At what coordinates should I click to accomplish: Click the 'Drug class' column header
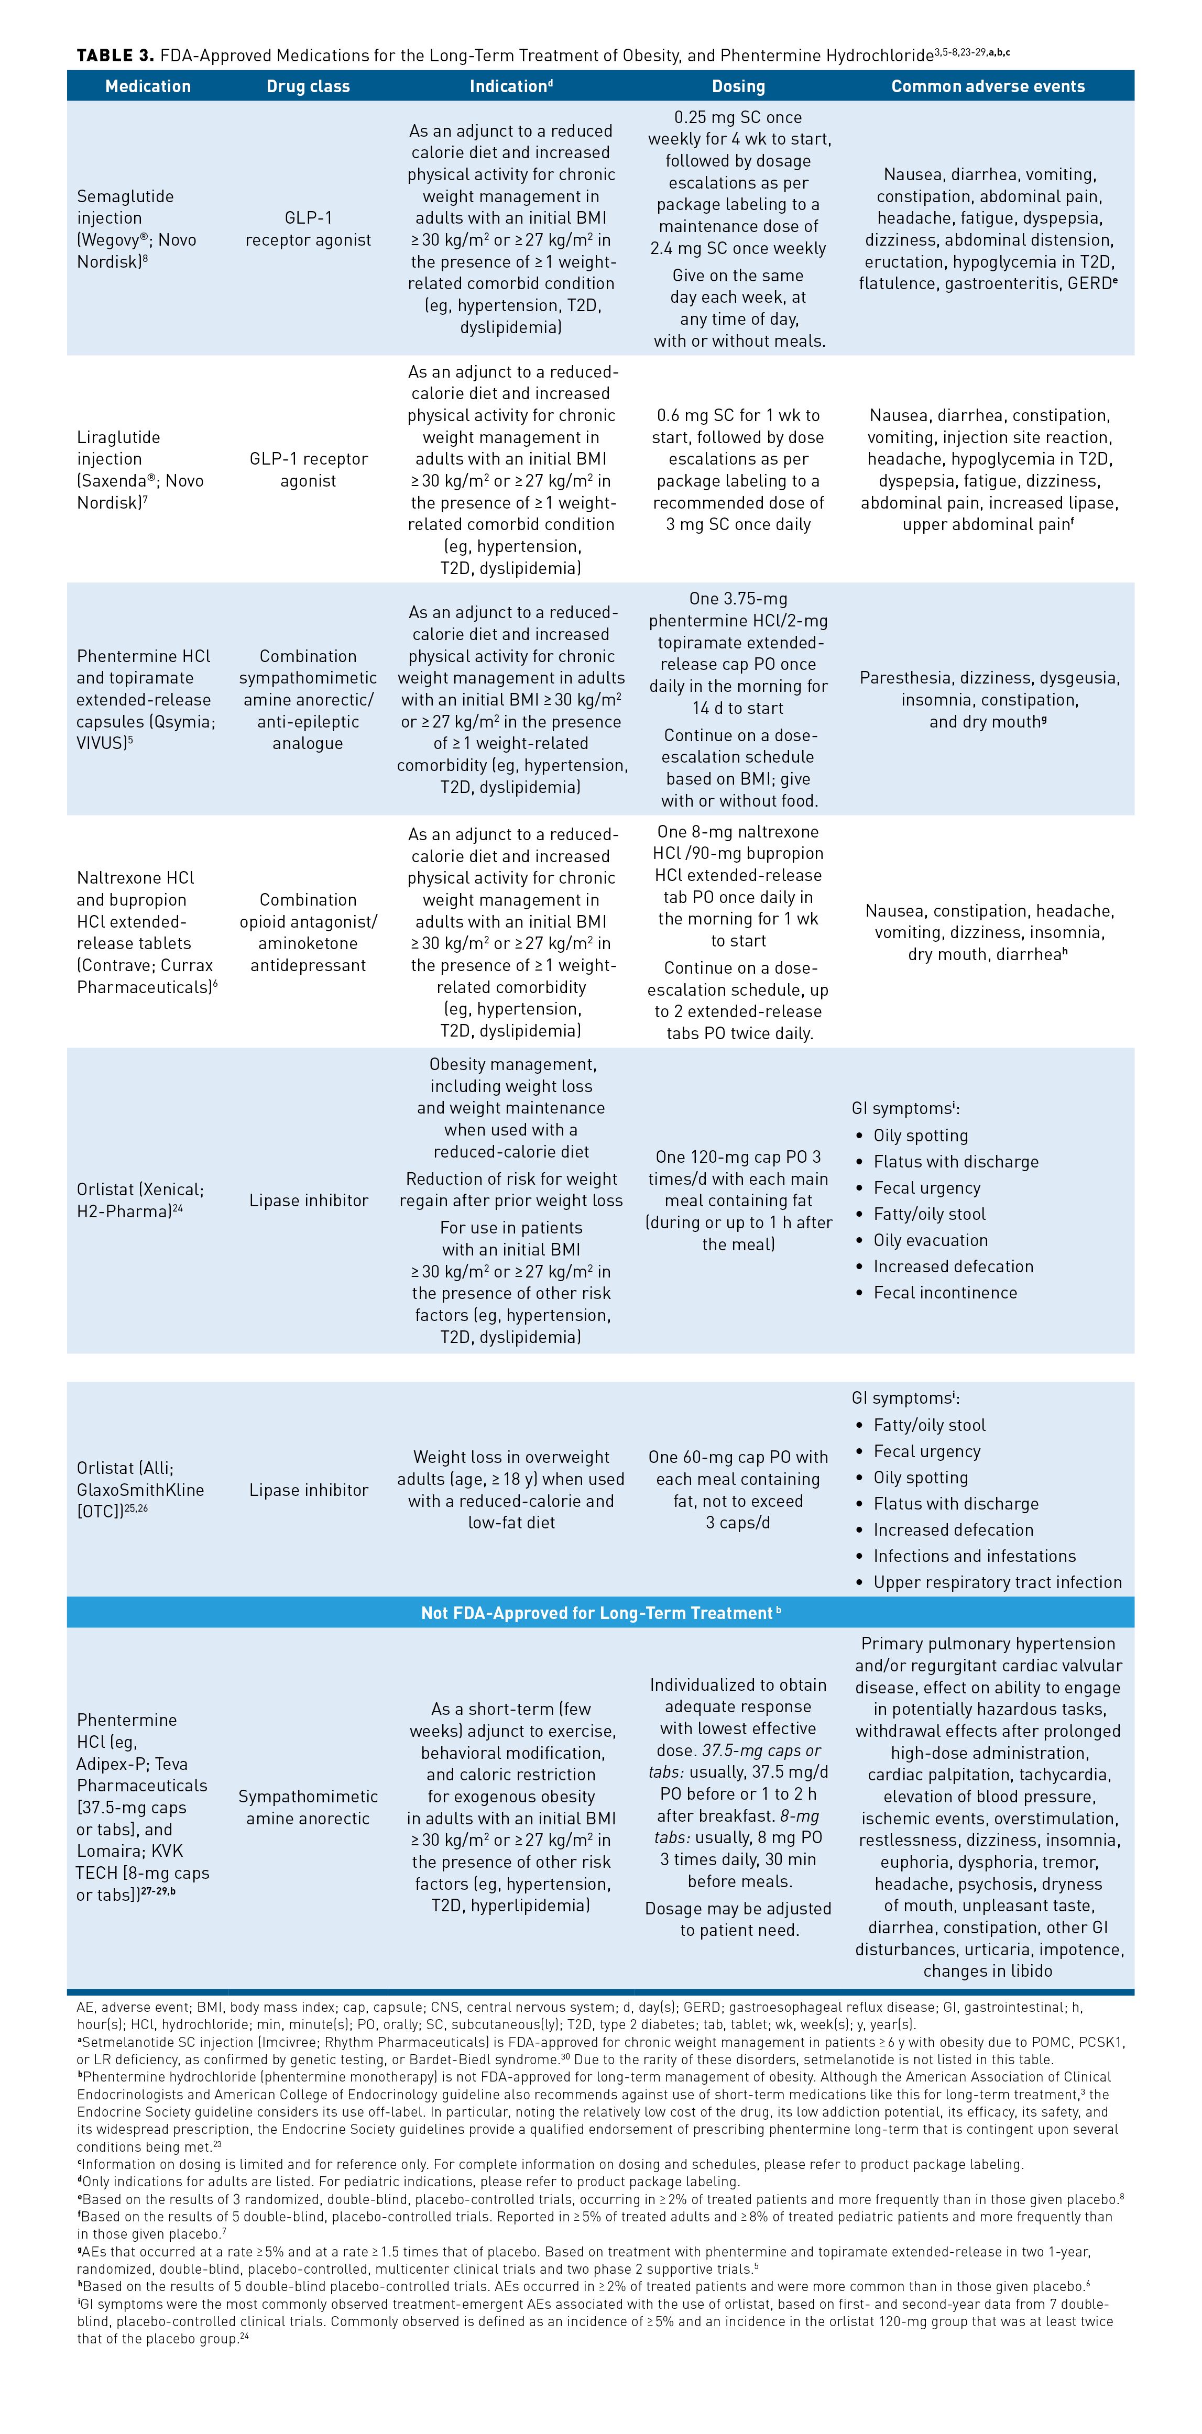click(308, 86)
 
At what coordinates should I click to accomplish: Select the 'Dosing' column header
click(738, 86)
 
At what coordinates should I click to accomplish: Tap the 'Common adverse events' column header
click(988, 86)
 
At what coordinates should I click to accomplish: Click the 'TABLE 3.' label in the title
click(114, 55)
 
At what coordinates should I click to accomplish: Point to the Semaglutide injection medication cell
click(137, 229)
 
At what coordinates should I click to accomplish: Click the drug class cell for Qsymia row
click(308, 699)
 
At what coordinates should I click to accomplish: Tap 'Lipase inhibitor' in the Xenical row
click(308, 1200)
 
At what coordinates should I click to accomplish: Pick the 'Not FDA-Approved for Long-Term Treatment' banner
click(600, 1613)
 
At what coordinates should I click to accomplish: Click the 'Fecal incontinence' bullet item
click(945, 1293)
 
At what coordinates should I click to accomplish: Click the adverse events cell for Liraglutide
click(988, 470)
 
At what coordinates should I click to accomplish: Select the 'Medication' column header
click(147, 86)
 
